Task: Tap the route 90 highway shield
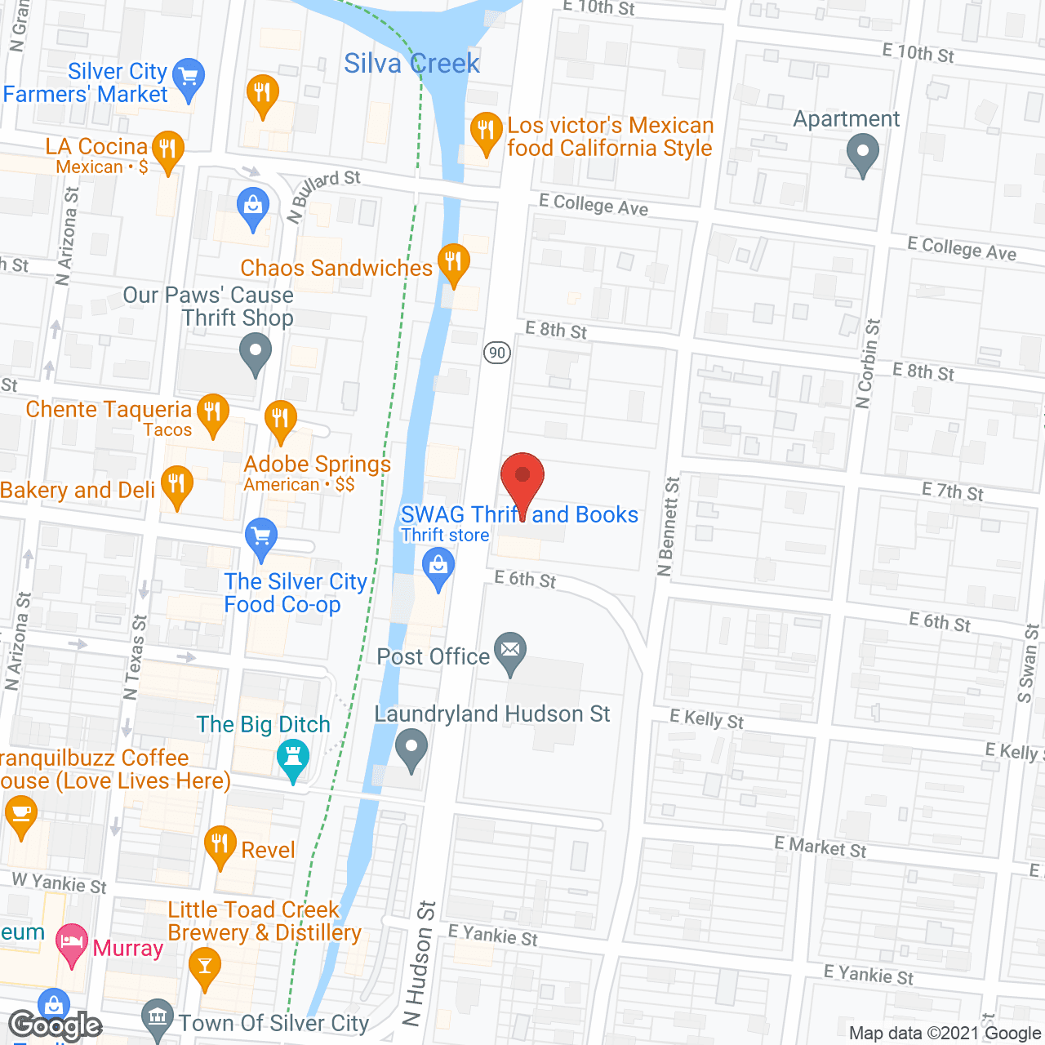(497, 353)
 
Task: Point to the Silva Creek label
(411, 64)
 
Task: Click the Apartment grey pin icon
(862, 153)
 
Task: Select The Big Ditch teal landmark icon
(292, 758)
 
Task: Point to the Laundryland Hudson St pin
(411, 749)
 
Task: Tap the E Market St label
(820, 847)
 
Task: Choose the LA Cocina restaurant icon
(167, 149)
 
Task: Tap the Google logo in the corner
(55, 1025)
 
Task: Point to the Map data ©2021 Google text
(945, 1034)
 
